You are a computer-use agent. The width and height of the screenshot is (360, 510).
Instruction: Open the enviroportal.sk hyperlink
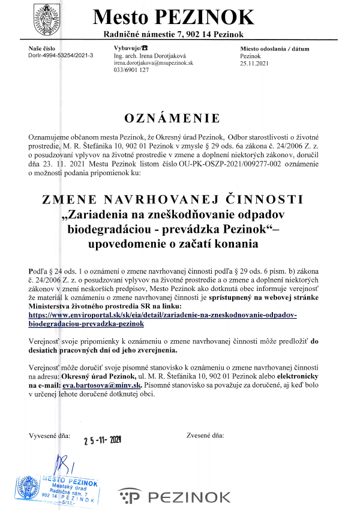pyautogui.click(x=163, y=319)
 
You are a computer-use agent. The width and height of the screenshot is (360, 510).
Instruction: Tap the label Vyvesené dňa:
pyautogui.click(x=50, y=434)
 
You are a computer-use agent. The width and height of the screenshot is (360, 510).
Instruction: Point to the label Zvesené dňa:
pyautogui.click(x=205, y=434)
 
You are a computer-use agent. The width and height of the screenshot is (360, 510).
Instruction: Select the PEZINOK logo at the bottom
pyautogui.click(x=175, y=496)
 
